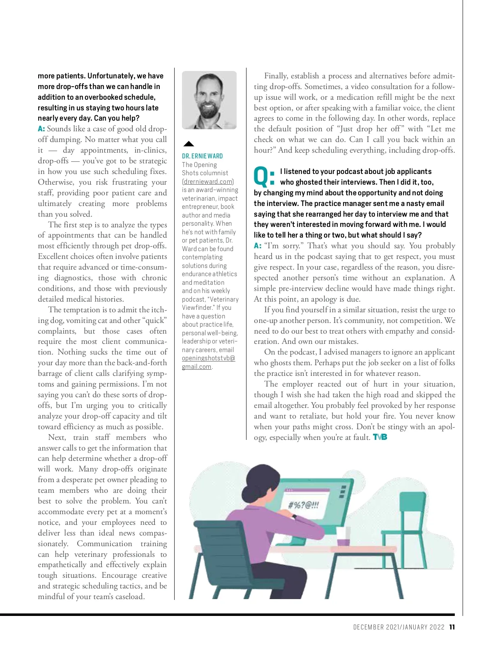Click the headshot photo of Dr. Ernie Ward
coord(209,100)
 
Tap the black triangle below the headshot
coord(189,144)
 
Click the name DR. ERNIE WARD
coord(203,156)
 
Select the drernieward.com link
coord(208,181)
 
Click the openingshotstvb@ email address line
coord(208,358)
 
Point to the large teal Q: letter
coord(264,176)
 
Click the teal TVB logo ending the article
coord(380,437)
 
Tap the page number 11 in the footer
coord(452,627)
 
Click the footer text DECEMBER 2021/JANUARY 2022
coord(399,627)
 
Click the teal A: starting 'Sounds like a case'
coord(41,129)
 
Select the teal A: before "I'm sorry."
coord(258,246)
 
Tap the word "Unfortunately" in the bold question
coord(111,76)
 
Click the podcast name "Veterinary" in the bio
coord(224,300)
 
